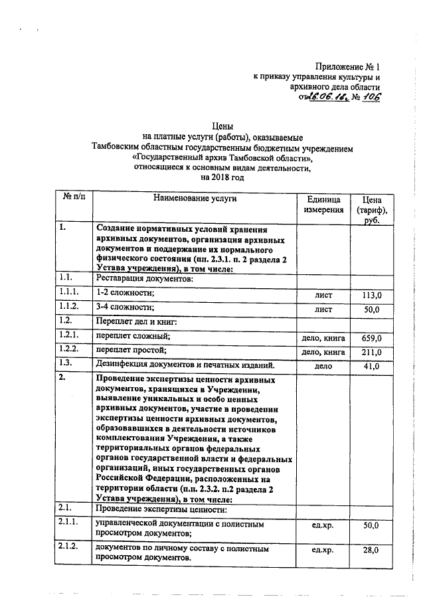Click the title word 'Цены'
[x=222, y=125]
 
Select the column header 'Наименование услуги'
[x=195, y=198]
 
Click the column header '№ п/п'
[x=74, y=198]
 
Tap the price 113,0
[x=371, y=294]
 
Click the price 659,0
[x=371, y=338]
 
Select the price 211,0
[x=371, y=352]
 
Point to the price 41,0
[x=371, y=367]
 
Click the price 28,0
[x=371, y=551]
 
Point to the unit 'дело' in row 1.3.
[x=324, y=367]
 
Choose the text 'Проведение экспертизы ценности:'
[x=161, y=509]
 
